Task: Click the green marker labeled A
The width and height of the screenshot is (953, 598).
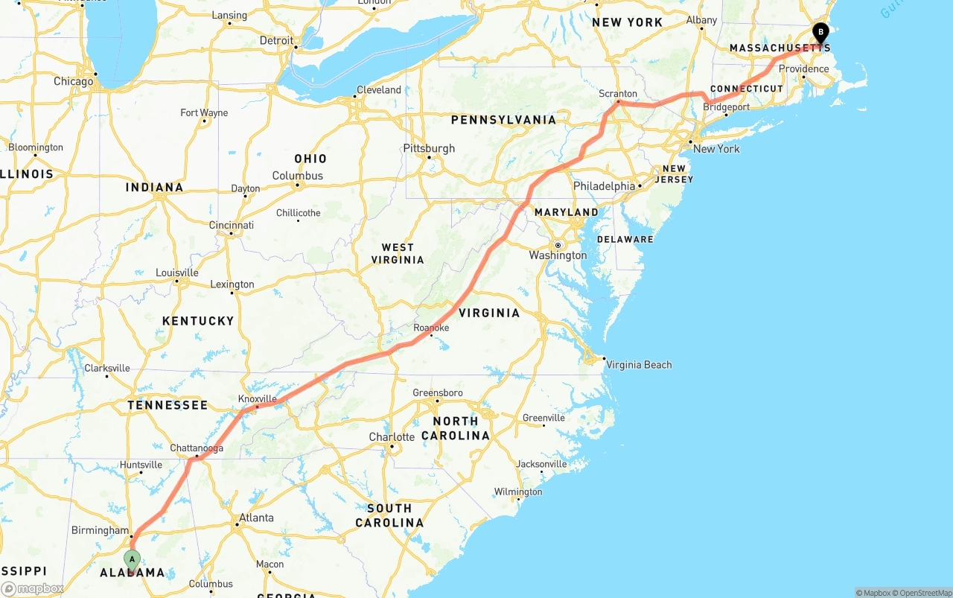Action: pos(132,559)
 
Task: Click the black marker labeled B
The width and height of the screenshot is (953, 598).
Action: pos(820,33)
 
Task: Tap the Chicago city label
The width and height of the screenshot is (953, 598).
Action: pos(73,81)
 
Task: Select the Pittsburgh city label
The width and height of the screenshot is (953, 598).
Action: pos(429,148)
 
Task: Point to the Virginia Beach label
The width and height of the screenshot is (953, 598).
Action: pos(639,365)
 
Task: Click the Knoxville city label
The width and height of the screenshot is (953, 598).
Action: pos(258,398)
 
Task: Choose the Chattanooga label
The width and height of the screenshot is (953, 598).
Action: pos(197,448)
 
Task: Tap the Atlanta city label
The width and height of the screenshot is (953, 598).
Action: pos(256,518)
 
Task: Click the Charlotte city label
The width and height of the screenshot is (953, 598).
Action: pos(392,436)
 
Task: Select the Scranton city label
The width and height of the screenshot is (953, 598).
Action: pos(618,94)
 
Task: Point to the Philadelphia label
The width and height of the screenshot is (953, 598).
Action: pos(604,185)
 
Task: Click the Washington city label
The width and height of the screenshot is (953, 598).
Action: pos(558,255)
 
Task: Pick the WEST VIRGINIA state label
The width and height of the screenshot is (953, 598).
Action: pos(398,253)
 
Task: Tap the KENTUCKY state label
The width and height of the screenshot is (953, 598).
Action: pos(198,321)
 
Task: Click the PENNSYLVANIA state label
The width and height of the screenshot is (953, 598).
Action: pos(503,120)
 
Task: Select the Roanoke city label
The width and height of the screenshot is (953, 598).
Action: pos(431,328)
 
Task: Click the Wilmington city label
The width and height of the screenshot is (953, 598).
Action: pos(518,492)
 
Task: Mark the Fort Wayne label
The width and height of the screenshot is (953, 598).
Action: pos(204,113)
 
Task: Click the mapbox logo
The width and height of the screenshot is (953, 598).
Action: pos(33,588)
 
